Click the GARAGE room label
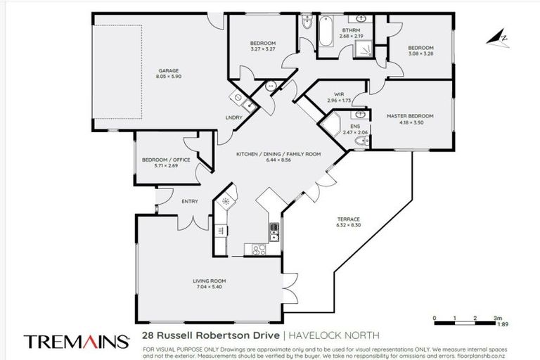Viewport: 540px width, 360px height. pos(168,70)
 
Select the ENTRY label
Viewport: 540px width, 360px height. pos(189,202)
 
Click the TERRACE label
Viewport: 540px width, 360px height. pos(349,219)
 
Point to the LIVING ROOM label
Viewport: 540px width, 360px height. pos(209,281)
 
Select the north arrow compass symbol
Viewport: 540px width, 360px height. pos(502,37)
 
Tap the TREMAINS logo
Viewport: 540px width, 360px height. pos(77,341)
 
